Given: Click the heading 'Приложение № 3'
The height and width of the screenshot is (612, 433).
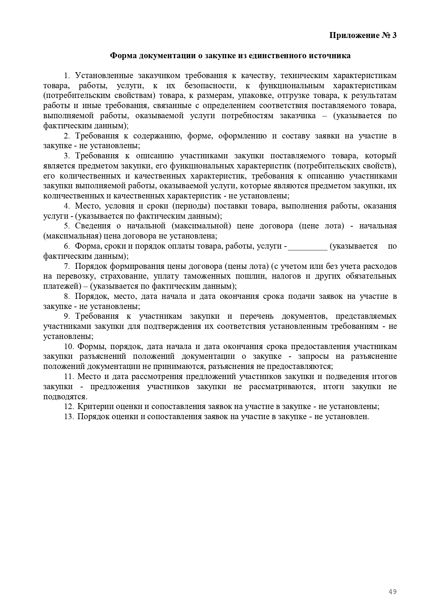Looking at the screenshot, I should point(363,36).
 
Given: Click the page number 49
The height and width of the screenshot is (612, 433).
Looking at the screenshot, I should point(393,592).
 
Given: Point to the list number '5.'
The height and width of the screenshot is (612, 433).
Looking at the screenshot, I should point(67,226).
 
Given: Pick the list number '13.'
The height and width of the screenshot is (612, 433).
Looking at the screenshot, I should point(69,416).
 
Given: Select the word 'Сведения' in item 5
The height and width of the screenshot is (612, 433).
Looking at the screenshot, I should point(93,226).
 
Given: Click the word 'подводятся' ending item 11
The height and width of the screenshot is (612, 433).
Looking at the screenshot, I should point(64,397).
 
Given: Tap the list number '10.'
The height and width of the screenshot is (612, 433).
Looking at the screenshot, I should point(69,347).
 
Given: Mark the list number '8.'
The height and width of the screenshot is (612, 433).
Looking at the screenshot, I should point(67,296).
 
